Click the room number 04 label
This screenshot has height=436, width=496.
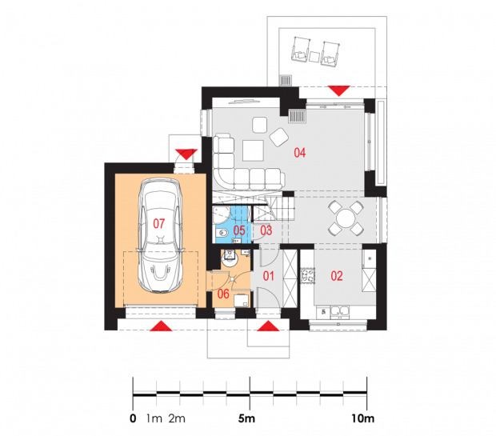[x=299, y=153]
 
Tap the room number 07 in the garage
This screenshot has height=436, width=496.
[x=158, y=224]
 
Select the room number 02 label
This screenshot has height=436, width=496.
[x=337, y=276]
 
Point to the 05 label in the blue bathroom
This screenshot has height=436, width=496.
[x=239, y=230]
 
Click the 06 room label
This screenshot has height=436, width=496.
[x=223, y=294]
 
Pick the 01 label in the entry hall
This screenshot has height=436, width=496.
[x=269, y=276]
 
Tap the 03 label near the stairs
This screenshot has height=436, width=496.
[x=266, y=230]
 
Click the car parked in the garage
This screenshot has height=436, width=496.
[x=160, y=235]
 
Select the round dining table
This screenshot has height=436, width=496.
[x=346, y=218]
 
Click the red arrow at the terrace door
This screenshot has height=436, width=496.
[x=339, y=90]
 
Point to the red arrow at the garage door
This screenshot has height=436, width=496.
[x=161, y=326]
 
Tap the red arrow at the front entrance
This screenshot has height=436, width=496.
[x=268, y=326]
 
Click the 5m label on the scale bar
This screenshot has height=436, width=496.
[x=246, y=418]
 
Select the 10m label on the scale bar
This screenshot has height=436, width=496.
[x=363, y=418]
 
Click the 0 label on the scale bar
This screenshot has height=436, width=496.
[x=133, y=418]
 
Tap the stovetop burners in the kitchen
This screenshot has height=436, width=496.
[x=307, y=275]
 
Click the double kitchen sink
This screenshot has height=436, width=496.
[x=340, y=312]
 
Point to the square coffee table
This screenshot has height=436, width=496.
[x=253, y=150]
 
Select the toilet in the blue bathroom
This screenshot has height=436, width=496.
[x=222, y=234]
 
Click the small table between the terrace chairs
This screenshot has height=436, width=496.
[x=314, y=57]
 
